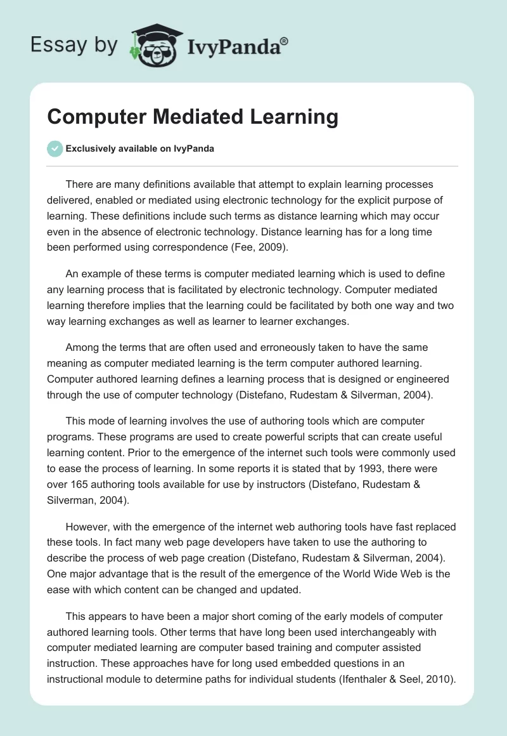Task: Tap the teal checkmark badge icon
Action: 55,148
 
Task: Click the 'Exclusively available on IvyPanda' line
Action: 139,149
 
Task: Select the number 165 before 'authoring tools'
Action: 83,485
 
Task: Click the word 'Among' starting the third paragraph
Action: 82,347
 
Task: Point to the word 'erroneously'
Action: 274,347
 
